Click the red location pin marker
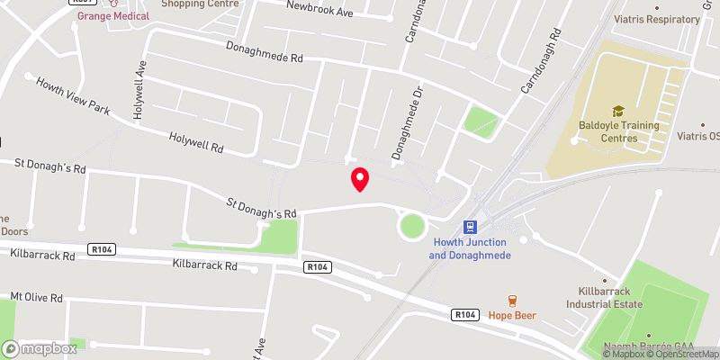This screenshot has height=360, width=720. point(360,178)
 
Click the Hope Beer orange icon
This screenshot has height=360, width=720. point(512,300)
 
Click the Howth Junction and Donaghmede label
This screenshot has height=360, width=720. point(469,249)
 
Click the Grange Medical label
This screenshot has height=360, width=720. point(112,16)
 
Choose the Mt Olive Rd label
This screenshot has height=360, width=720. point(36,297)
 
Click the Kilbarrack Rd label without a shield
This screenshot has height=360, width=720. point(205,265)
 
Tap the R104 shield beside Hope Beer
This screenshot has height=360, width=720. point(464,314)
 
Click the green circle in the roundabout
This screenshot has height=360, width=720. point(412,225)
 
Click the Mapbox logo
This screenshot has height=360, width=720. point(40,348)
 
